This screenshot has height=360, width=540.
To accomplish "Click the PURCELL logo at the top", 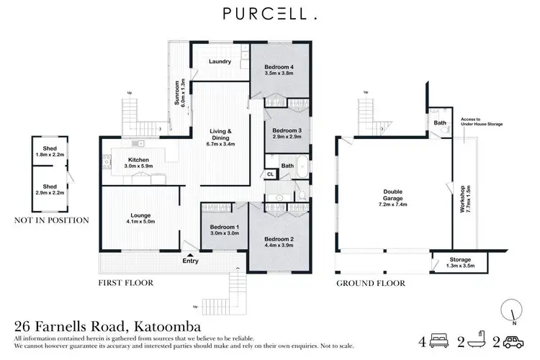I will point(269,14).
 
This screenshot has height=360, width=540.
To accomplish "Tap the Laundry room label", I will point(220,61).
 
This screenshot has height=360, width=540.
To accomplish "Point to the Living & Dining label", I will point(220,132).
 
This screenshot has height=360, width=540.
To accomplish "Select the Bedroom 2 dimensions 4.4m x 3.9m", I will point(278,244).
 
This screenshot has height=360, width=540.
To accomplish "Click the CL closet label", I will point(270,174).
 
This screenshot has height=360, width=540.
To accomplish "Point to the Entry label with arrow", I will point(190,260).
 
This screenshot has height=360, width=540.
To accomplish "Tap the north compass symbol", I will point(510,311).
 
